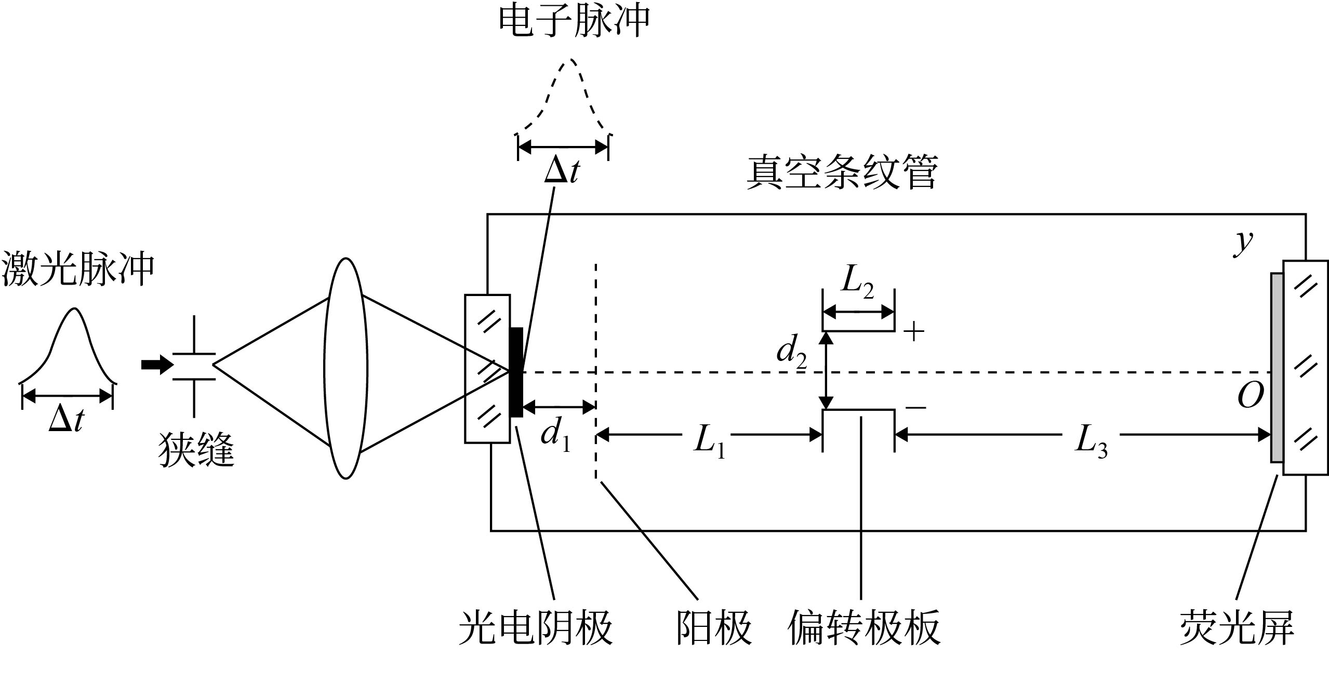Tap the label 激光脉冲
tap(78, 269)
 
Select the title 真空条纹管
tap(842, 172)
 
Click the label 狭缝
tap(196, 450)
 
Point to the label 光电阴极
tap(536, 628)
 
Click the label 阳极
tap(714, 628)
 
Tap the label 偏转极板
tap(864, 628)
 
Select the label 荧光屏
tap(1237, 628)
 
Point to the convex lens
tap(345, 368)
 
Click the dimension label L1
tap(710, 443)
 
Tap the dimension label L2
tap(858, 283)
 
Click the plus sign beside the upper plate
tap(914, 331)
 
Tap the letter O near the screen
tap(1251, 397)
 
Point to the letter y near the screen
tap(1244, 242)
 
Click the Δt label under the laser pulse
tap(67, 420)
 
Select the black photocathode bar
tap(516, 372)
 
